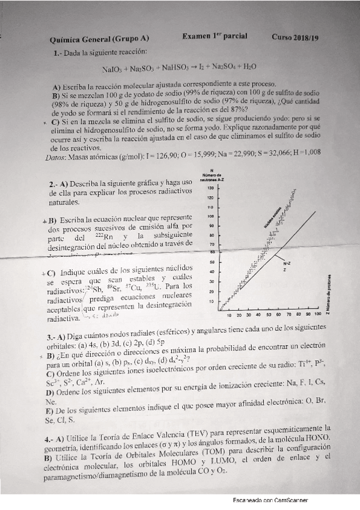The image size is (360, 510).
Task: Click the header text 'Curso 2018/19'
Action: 295,37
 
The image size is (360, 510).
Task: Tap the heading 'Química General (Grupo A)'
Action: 99,39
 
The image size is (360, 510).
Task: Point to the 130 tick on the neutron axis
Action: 210,188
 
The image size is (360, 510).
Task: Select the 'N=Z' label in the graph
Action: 287,263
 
